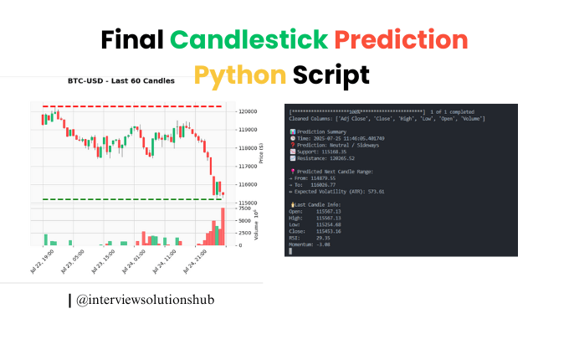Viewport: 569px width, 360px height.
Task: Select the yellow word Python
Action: coord(240,75)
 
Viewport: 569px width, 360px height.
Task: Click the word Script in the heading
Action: coord(331,75)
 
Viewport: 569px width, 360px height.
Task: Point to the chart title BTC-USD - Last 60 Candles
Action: coord(121,81)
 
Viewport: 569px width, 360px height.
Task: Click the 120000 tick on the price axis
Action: coord(248,111)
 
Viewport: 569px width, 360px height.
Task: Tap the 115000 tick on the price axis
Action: coord(248,203)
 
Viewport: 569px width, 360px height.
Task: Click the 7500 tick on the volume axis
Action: coord(244,208)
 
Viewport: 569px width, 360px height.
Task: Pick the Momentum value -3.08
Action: coord(323,244)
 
